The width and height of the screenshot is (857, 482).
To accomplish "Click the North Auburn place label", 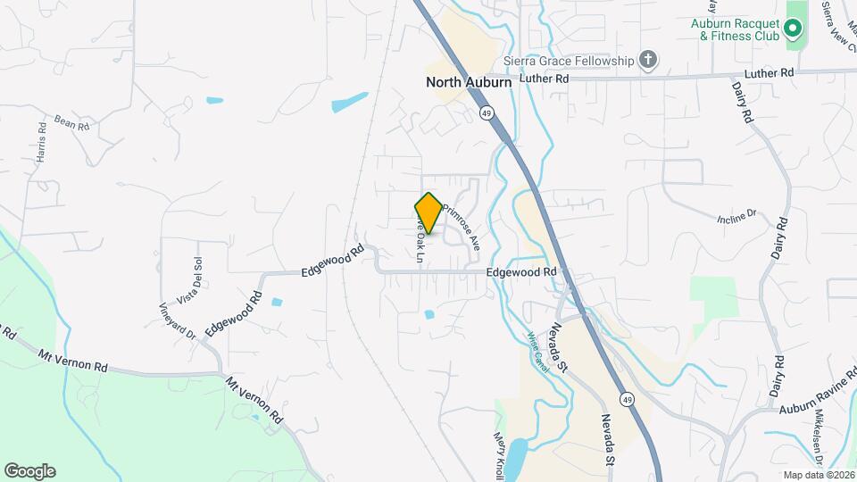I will (x=469, y=82).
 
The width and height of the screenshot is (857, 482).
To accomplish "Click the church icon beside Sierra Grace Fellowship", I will (x=649, y=61).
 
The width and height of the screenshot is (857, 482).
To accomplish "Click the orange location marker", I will (x=428, y=213).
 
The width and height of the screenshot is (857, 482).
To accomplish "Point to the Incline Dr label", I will (x=736, y=216).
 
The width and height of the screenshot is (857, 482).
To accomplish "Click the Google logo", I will (x=29, y=470).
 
